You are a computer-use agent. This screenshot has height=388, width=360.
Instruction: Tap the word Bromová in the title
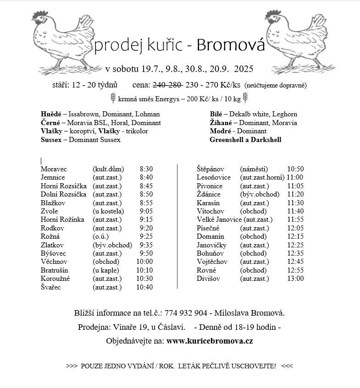click(x=231, y=45)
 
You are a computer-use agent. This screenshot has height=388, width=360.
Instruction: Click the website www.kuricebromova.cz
click(x=210, y=341)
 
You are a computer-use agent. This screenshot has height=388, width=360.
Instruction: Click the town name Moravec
click(x=53, y=169)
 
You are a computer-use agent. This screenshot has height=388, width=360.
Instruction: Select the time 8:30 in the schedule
click(x=146, y=169)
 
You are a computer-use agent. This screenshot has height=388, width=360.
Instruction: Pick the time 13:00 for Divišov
click(x=295, y=279)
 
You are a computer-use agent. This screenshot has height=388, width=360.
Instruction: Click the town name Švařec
click(x=50, y=287)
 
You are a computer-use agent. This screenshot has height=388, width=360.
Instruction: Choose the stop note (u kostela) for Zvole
click(x=108, y=211)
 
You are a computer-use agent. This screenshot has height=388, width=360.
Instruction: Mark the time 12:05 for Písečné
click(x=295, y=228)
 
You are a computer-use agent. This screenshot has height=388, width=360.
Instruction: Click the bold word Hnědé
click(x=50, y=114)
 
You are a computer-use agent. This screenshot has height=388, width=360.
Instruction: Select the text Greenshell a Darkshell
click(x=245, y=140)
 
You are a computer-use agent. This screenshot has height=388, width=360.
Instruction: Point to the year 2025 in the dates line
click(x=243, y=69)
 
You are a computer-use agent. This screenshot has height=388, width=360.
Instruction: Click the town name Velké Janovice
click(x=219, y=220)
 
